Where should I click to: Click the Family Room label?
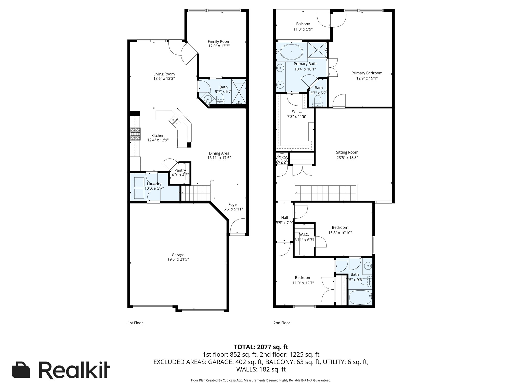coord(219,41)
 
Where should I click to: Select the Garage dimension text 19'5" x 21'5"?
coord(178,259)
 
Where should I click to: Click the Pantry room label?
coord(180,170)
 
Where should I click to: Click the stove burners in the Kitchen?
coord(135,134)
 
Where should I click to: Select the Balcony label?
coord(303,24)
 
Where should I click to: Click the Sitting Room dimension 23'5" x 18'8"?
coord(347,158)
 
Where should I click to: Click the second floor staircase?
coord(326,193)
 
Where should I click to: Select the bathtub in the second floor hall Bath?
coord(360,297)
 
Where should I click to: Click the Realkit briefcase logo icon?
coord(21,370)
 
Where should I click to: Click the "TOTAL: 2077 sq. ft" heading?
coord(261,347)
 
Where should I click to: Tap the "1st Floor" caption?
coord(135,323)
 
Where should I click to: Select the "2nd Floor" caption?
coord(282,323)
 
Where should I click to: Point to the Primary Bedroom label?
coord(367,73)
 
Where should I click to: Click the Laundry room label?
coord(154,184)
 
